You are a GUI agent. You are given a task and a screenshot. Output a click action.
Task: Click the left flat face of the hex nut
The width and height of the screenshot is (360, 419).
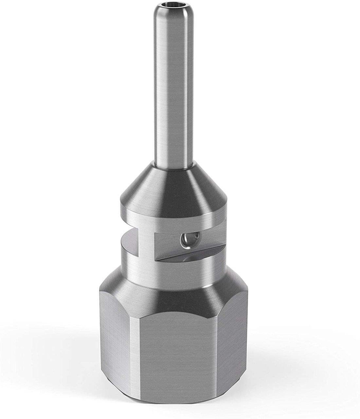click(116, 340)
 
